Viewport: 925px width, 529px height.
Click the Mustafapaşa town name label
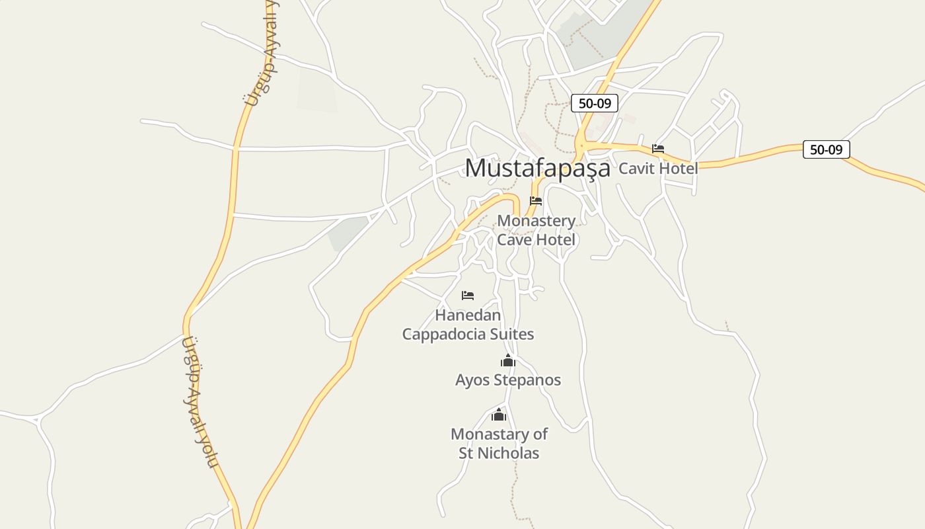click(x=537, y=168)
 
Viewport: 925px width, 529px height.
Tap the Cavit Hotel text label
click(x=657, y=168)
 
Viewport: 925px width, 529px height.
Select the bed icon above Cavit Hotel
click(x=657, y=149)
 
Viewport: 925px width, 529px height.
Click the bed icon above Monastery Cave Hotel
click(x=536, y=201)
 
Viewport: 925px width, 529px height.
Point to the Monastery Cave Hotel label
click(x=536, y=230)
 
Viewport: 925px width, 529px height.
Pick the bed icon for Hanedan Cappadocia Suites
click(x=468, y=295)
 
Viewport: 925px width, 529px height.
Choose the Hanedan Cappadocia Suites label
click(x=468, y=325)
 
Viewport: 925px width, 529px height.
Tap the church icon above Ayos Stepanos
click(x=507, y=361)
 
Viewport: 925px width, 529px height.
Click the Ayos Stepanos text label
click(x=507, y=380)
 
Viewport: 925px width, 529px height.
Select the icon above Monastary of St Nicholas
click(x=499, y=415)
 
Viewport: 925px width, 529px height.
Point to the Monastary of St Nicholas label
click(x=499, y=444)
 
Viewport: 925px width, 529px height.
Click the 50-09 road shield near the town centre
click(x=594, y=103)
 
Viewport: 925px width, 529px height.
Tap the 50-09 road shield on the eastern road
click(x=826, y=149)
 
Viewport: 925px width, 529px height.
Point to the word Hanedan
click(x=468, y=315)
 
